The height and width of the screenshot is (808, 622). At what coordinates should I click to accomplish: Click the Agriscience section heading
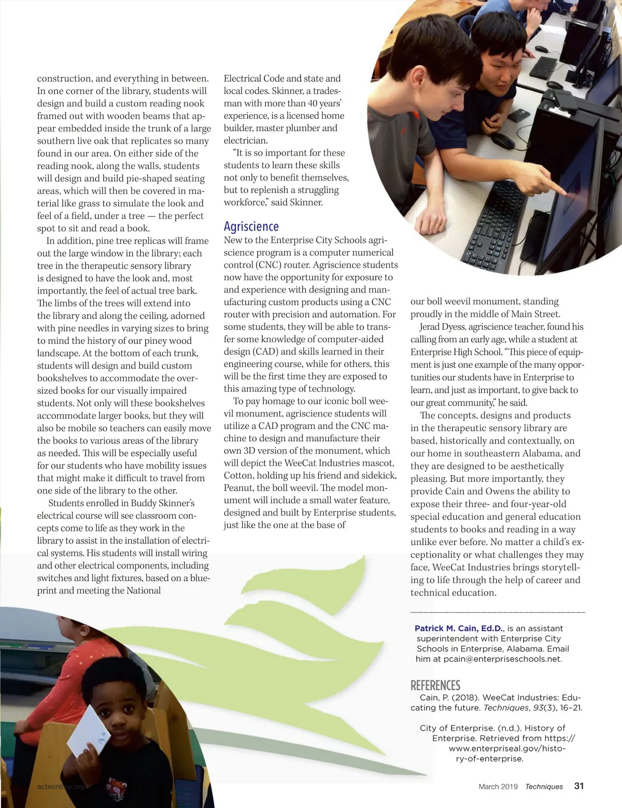(251, 227)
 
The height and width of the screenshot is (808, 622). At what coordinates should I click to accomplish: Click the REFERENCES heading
(435, 685)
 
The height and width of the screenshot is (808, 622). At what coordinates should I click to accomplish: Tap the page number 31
(579, 786)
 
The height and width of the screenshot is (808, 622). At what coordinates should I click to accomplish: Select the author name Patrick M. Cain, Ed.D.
(458, 628)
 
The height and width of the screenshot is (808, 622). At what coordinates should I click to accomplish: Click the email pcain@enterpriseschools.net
(495, 659)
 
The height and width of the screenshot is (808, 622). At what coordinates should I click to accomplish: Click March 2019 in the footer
(498, 786)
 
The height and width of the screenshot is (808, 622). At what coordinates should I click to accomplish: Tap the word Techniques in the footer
(544, 786)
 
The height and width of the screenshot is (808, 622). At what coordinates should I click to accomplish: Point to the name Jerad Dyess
(442, 327)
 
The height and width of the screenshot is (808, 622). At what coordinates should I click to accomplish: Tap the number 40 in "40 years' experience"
(313, 103)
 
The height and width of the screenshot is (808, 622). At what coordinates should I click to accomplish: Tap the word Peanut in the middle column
(238, 487)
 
